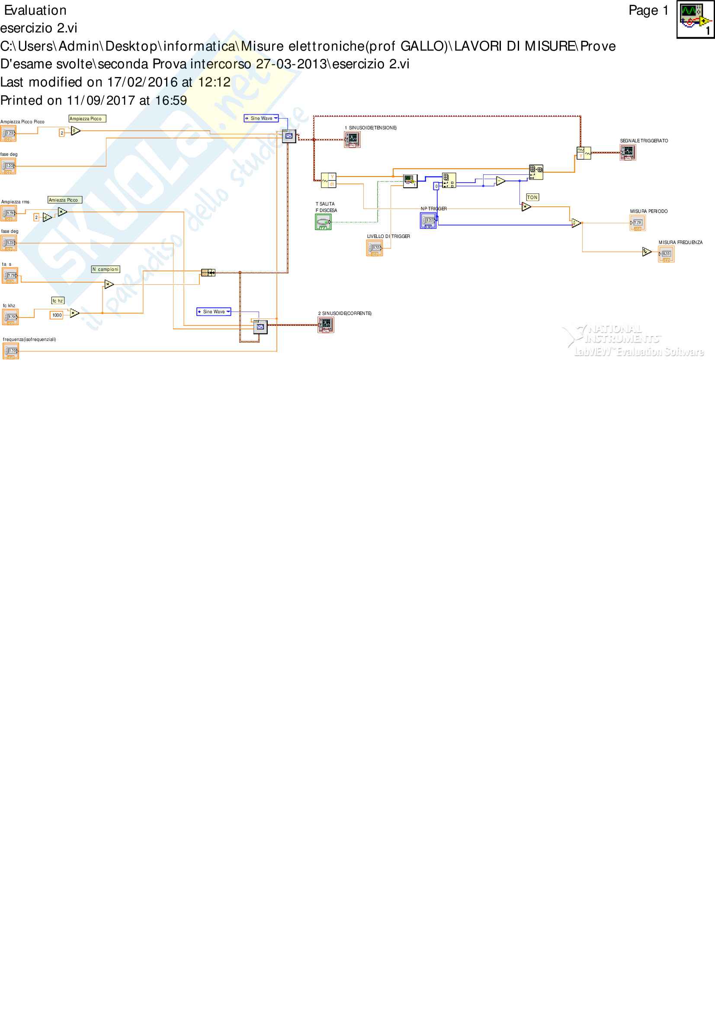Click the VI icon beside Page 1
point(695,20)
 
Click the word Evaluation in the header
point(35,10)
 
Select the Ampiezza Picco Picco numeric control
point(8,133)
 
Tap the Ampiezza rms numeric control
point(9,214)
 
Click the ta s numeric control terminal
point(10,276)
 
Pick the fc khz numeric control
point(10,317)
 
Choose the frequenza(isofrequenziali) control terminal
point(10,351)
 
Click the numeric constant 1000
point(57,315)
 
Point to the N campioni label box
point(106,269)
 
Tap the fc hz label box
point(58,301)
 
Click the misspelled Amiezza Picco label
point(65,200)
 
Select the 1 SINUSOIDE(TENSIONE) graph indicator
point(353,139)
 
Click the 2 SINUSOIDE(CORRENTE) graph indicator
point(326,325)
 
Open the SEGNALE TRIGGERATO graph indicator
point(628,152)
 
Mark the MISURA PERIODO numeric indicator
point(638,223)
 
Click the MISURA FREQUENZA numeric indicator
point(666,254)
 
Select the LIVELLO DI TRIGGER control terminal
point(375,248)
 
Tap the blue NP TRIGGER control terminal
point(428,220)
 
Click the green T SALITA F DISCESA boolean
point(324,222)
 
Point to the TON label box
point(532,197)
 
